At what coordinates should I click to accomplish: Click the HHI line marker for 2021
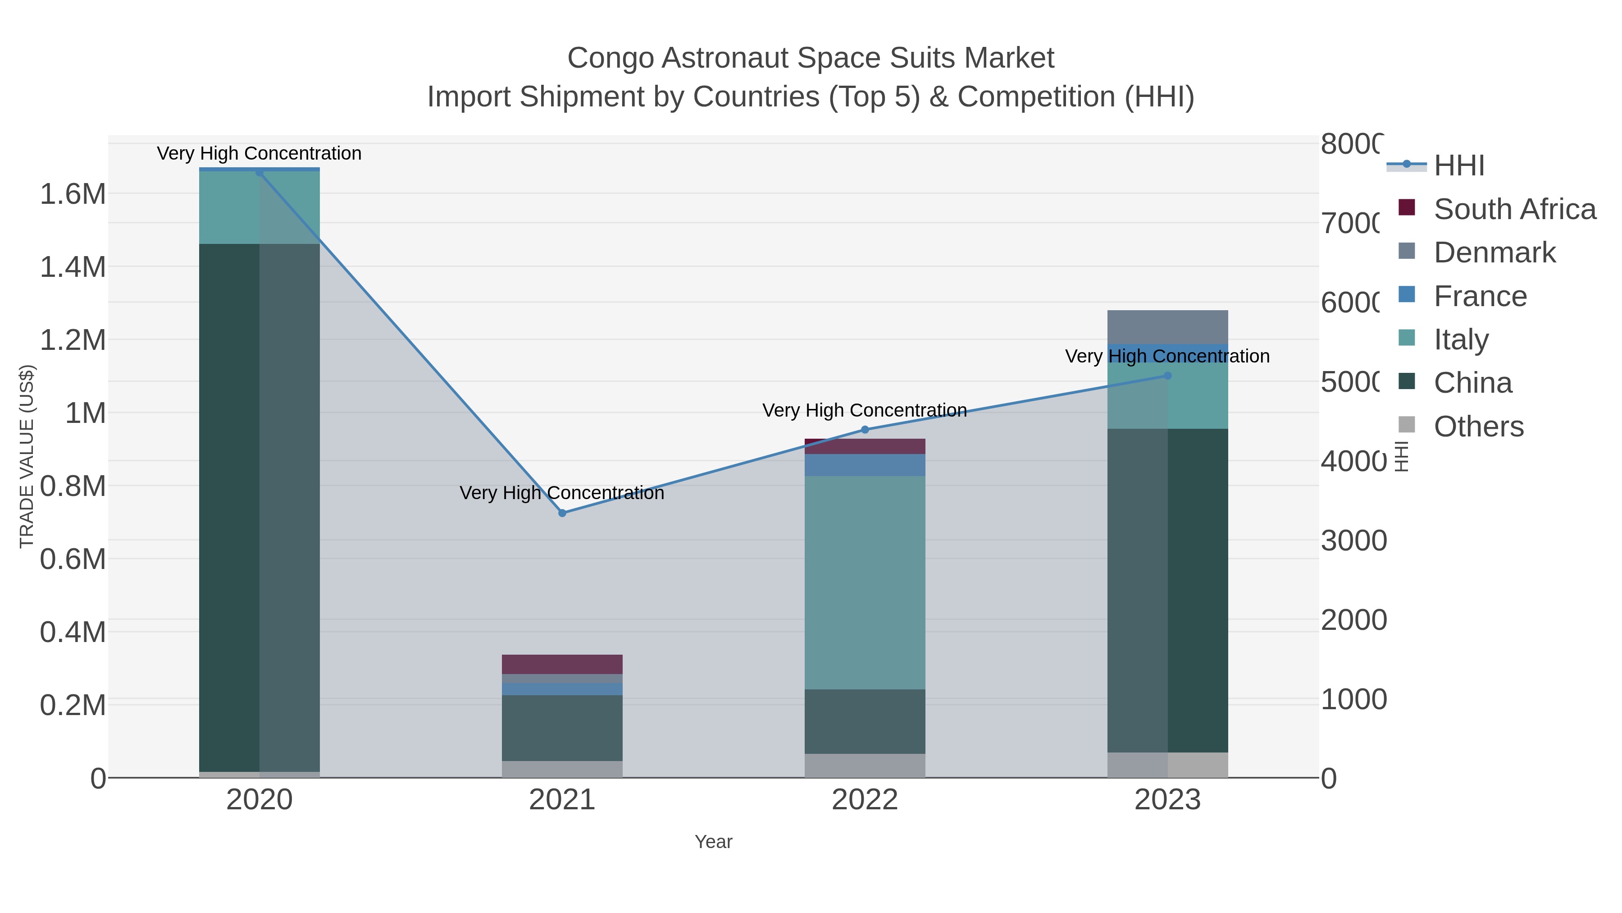click(x=562, y=513)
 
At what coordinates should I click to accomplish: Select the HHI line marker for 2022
click(x=865, y=430)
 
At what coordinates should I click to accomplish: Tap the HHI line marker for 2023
click(x=1167, y=376)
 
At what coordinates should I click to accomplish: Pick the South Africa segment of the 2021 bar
click(x=562, y=664)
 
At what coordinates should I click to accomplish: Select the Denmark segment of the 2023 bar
click(x=1167, y=326)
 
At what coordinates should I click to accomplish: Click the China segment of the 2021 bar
click(x=562, y=728)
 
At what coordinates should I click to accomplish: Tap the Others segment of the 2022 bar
click(x=865, y=766)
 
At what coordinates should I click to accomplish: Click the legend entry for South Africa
click(x=1514, y=209)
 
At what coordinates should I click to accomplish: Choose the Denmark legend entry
click(x=1494, y=252)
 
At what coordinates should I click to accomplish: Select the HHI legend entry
click(x=1458, y=166)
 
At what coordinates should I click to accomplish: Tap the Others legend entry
click(x=1478, y=427)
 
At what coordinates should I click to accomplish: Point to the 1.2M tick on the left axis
click(x=73, y=340)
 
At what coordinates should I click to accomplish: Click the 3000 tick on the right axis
click(x=1353, y=541)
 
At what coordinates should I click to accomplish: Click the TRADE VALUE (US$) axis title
click(x=27, y=456)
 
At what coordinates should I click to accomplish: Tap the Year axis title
click(x=713, y=842)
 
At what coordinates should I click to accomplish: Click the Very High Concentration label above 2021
click(x=562, y=493)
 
